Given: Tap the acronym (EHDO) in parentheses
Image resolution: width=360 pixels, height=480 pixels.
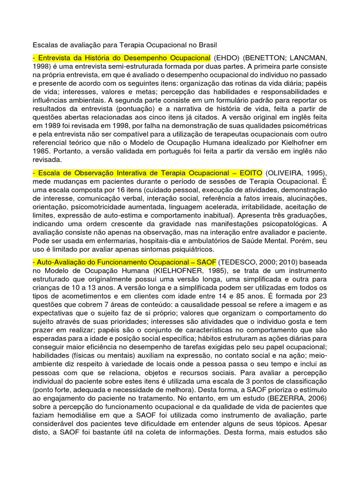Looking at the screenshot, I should pyautogui.click(x=227, y=58).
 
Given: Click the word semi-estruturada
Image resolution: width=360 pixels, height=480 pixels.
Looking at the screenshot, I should pyautogui.click(x=114, y=66).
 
